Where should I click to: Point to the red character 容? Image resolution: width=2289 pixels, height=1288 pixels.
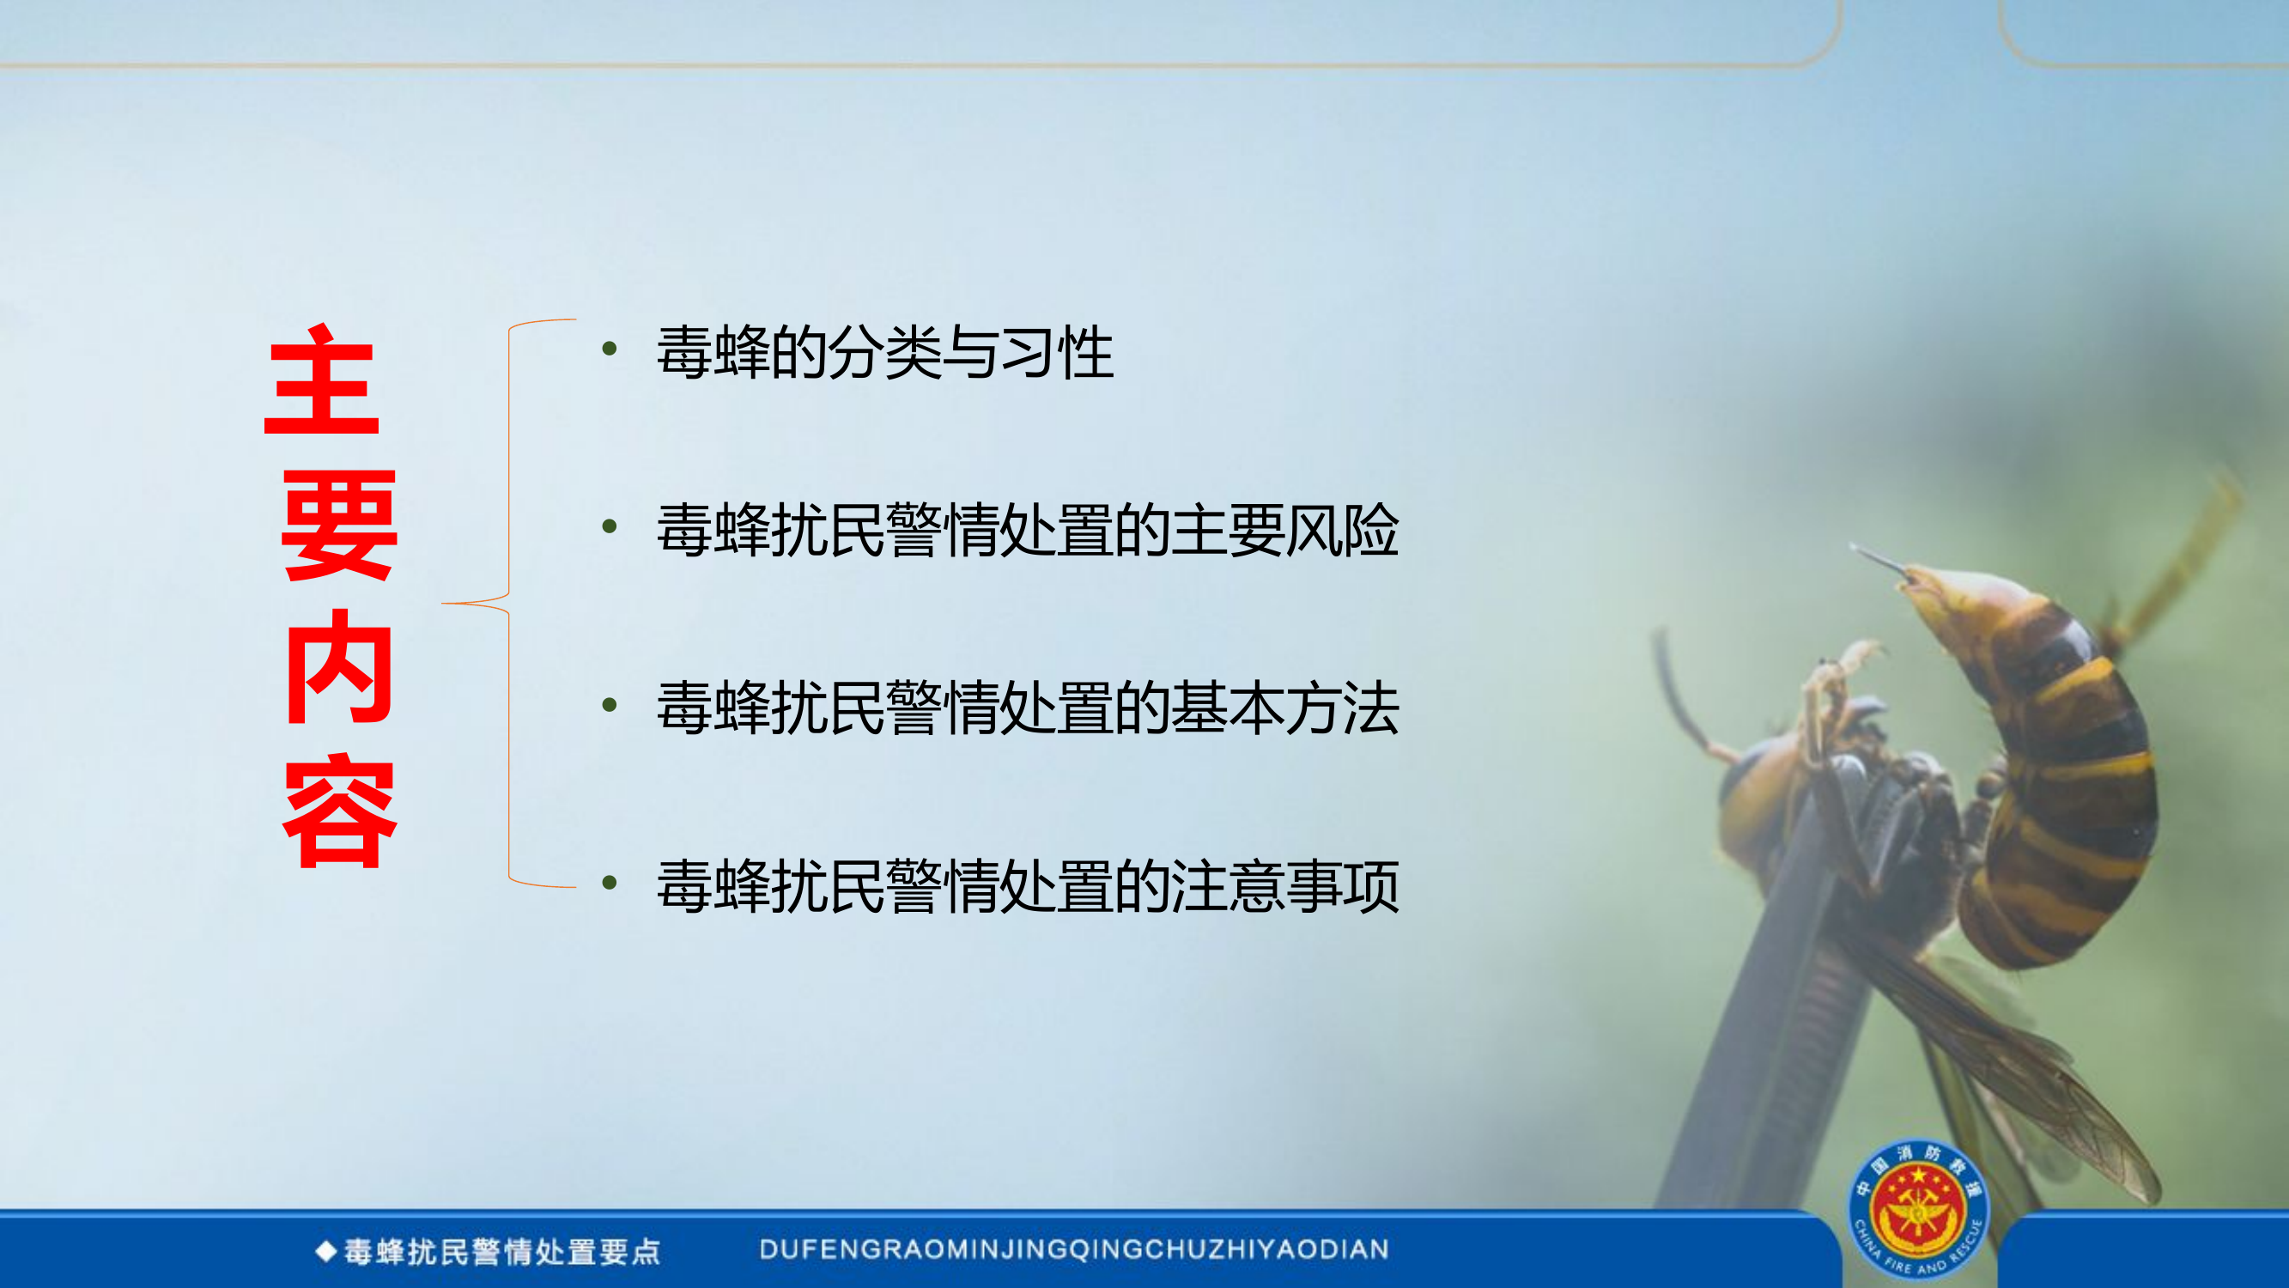pos(338,811)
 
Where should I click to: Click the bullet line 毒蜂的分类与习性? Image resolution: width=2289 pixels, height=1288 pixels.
pos(884,353)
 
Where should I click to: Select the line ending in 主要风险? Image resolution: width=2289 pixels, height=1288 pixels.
pos(1027,531)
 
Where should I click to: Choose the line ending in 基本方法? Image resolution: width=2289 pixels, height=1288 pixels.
pos(1027,708)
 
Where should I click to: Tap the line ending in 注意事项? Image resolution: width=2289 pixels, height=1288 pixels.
pos(1027,886)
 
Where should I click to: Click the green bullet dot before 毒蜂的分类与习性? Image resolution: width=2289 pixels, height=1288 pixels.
pos(610,349)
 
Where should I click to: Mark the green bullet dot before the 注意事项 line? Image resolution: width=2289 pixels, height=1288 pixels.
pos(610,883)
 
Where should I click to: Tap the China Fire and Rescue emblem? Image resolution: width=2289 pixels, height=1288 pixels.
pos(1919,1209)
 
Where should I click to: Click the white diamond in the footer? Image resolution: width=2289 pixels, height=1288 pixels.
pos(326,1252)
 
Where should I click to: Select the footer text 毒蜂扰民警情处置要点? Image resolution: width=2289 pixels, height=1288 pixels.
pos(502,1252)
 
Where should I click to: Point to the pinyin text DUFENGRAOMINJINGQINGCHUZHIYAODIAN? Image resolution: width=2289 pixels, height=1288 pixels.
pos(1073,1249)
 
